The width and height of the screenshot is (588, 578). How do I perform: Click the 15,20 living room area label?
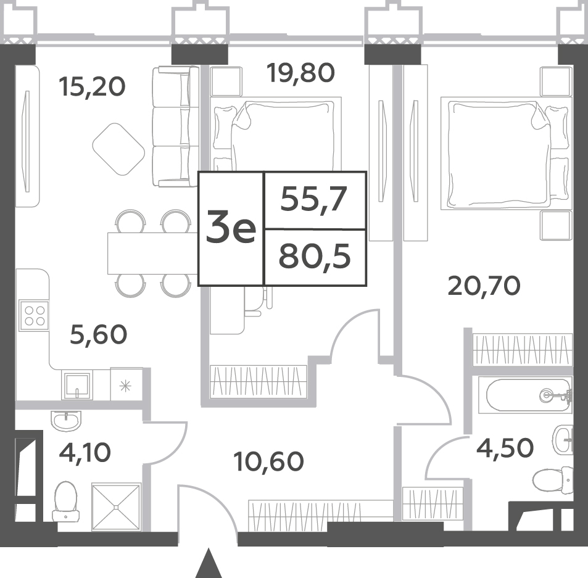coord(92,87)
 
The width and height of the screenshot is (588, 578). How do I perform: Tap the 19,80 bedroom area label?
coord(300,73)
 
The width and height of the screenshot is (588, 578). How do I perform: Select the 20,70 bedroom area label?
coord(484,286)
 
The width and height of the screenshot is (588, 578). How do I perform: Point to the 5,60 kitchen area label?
coord(99,335)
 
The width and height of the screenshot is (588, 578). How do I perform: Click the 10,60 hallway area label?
coord(268,461)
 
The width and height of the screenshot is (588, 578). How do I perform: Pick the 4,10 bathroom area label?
coord(85,452)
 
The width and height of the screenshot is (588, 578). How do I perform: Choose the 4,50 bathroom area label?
coord(505,448)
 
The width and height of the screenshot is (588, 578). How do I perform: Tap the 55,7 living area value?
coord(313,199)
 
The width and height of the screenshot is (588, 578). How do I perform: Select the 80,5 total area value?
coord(315,257)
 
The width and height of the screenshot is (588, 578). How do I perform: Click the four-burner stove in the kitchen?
coord(34,315)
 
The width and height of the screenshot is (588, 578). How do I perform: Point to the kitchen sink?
coord(77,384)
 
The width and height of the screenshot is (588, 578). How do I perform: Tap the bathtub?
coord(529,395)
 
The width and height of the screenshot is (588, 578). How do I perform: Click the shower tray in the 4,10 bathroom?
coord(116,507)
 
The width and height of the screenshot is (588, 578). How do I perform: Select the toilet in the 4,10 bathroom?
coord(65,501)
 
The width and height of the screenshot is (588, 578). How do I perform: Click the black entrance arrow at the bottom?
coord(209,563)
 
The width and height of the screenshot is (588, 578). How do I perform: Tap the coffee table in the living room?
coord(118,149)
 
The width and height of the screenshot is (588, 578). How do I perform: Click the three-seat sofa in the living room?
coord(175,126)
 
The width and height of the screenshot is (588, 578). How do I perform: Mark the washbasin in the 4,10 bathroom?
coord(65,420)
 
